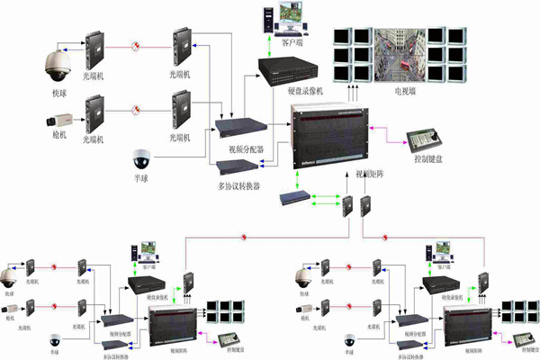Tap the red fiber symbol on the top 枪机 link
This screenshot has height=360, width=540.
click(x=135, y=110)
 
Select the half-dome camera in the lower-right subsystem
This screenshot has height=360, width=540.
click(x=349, y=342)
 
